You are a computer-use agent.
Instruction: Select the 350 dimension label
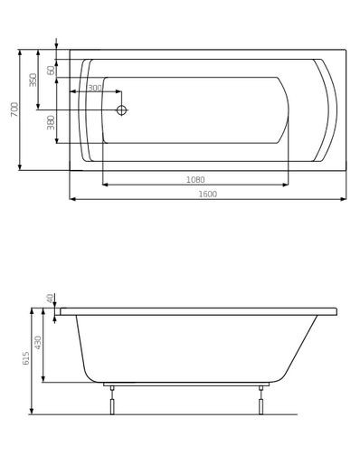(33, 80)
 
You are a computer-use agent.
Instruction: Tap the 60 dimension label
(52, 70)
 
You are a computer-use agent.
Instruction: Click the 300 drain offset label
(94, 88)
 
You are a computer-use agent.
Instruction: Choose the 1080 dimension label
(195, 179)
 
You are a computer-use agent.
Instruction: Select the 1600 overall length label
(209, 194)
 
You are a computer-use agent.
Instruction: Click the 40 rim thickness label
(51, 298)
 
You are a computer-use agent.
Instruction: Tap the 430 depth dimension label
(38, 343)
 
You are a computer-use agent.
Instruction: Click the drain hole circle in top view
(122, 110)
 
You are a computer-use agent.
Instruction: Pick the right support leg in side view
(261, 400)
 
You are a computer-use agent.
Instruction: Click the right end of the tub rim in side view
(336, 311)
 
